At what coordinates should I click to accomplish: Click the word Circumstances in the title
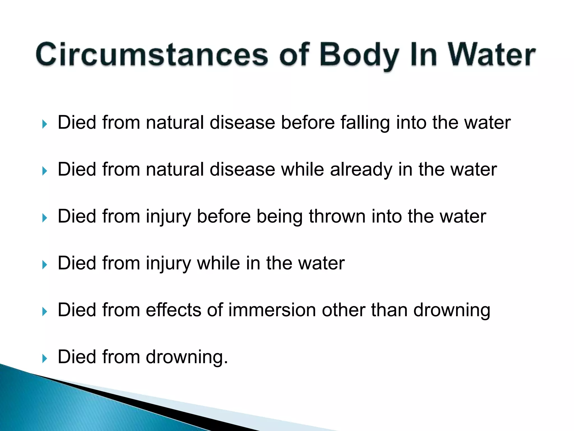(152, 54)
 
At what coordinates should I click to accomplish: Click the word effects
(173, 310)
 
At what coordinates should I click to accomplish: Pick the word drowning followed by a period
(187, 357)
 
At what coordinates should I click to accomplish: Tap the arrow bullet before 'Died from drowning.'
(45, 358)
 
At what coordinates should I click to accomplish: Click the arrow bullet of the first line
(45, 124)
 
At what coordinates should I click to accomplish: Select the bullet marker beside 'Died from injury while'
(45, 265)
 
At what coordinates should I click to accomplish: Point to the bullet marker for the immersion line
(45, 311)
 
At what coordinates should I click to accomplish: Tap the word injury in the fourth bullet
(168, 264)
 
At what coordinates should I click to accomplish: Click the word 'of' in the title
(294, 54)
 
